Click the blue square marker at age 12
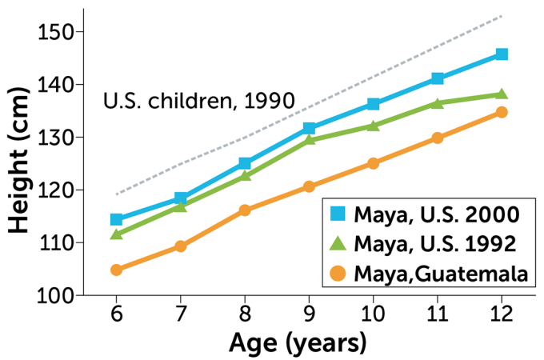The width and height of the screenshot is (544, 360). [502, 54]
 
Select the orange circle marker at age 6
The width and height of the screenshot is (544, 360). [117, 270]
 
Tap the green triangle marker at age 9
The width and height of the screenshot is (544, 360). [310, 140]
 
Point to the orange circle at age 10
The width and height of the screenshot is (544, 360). [374, 163]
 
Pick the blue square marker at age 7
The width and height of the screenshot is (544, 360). [181, 198]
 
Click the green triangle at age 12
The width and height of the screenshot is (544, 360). [502, 94]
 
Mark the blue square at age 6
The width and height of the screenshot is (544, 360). [117, 219]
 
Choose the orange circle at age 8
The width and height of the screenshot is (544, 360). [245, 210]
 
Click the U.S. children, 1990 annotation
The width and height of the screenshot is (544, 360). [199, 102]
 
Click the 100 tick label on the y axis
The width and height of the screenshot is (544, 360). [55, 295]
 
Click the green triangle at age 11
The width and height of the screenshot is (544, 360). [438, 103]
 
